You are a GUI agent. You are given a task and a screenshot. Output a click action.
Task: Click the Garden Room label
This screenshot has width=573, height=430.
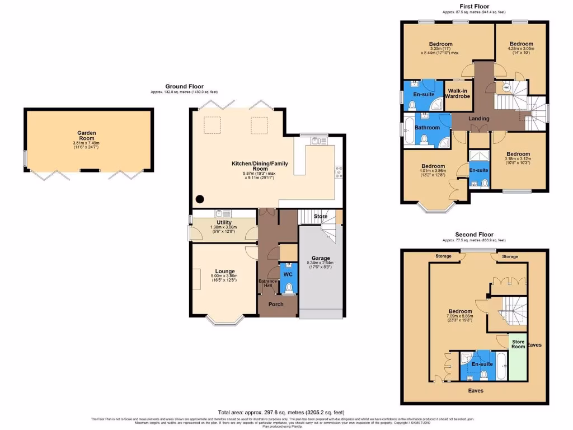click(x=87, y=136)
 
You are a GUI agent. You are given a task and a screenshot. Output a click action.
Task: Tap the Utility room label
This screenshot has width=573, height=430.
click(x=224, y=222)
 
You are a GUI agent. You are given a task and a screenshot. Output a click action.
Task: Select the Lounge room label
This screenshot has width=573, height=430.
click(x=224, y=272)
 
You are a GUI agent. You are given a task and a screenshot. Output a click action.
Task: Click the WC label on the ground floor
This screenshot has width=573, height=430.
click(x=288, y=275)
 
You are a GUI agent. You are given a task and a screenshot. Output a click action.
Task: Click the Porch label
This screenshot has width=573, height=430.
click(x=276, y=304)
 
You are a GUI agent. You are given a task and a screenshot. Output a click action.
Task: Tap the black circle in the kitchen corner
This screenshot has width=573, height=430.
click(x=199, y=199)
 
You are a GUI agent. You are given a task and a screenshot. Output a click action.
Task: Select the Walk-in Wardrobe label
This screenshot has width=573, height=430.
click(x=457, y=93)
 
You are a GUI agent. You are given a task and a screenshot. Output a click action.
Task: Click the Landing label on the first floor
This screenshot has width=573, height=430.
click(x=479, y=119)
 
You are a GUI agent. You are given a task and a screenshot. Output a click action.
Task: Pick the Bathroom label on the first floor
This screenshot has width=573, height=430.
click(x=427, y=128)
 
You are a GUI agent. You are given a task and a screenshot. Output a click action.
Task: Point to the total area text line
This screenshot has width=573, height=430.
click(x=282, y=412)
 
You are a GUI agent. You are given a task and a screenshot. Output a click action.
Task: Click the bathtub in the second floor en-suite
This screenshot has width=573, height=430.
click(x=501, y=365)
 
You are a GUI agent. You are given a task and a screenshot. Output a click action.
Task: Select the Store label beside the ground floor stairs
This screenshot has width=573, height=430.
click(x=320, y=216)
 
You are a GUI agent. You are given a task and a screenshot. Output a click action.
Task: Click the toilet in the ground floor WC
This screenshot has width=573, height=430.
click(x=288, y=288)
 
